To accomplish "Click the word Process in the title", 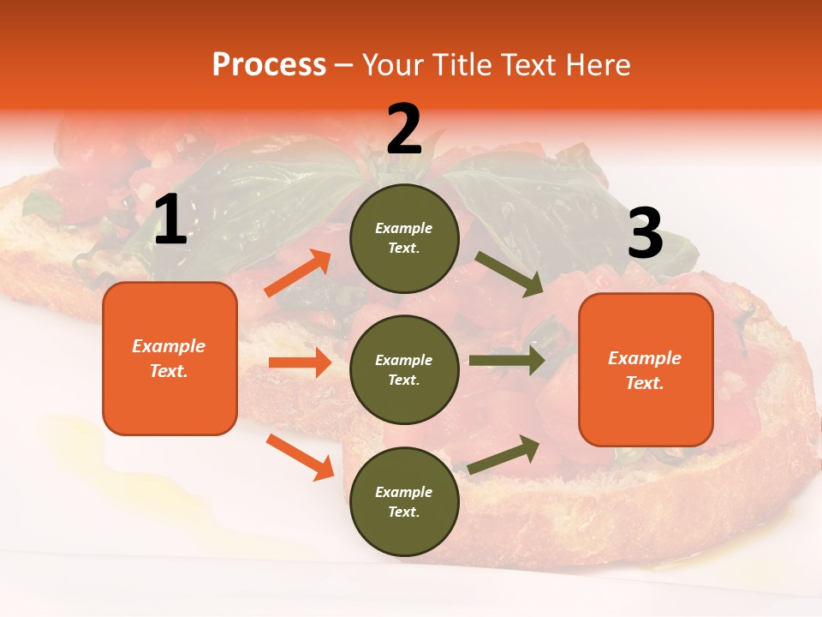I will pyautogui.click(x=269, y=65).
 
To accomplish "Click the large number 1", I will pyautogui.click(x=170, y=220).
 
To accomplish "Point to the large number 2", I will pyautogui.click(x=404, y=129).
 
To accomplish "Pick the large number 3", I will pyautogui.click(x=645, y=234).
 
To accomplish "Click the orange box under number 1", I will pyautogui.click(x=170, y=358).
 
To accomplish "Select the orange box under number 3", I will pyautogui.click(x=646, y=369).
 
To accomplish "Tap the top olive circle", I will pyautogui.click(x=404, y=237).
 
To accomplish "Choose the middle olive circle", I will pyautogui.click(x=404, y=369).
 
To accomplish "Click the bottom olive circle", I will pyautogui.click(x=404, y=501).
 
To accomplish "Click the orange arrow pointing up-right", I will pyautogui.click(x=298, y=273).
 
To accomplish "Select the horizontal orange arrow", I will pyautogui.click(x=300, y=362).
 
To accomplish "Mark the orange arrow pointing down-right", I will pyautogui.click(x=300, y=457).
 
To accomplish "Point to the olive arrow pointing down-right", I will pyautogui.click(x=509, y=273).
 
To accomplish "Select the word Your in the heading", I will pyautogui.click(x=393, y=65).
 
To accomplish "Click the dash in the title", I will pyautogui.click(x=343, y=66).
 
